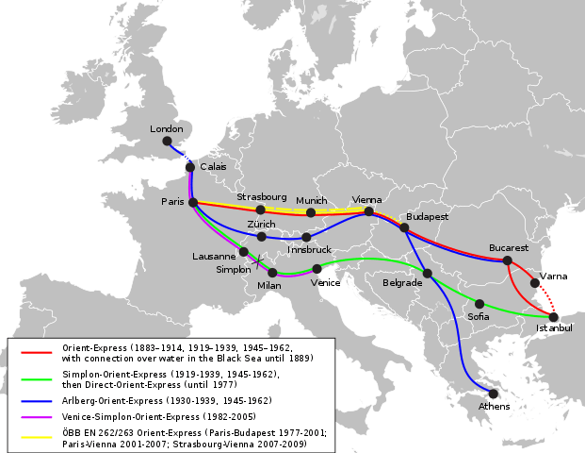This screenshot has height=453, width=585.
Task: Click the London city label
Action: [x=167, y=128]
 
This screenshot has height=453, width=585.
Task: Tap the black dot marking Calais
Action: [x=190, y=167]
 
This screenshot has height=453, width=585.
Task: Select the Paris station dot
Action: [x=193, y=202]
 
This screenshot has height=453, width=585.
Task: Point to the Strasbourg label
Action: [x=261, y=197]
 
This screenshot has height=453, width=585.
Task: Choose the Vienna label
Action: [x=366, y=199]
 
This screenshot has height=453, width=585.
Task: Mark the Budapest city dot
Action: [x=404, y=227]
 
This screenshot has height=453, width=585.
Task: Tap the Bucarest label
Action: [x=508, y=248]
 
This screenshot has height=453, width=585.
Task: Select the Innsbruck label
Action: [x=310, y=249]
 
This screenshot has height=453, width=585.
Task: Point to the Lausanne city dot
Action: [x=244, y=252]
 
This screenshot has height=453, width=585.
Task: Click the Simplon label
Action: [x=234, y=269]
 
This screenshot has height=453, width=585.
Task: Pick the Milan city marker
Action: [x=272, y=273]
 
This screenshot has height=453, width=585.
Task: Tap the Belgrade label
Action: [x=402, y=282]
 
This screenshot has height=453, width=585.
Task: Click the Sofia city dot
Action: [x=479, y=304]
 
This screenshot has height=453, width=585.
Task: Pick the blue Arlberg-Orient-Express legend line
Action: [x=36, y=401]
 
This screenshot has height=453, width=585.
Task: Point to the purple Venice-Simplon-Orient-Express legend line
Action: [x=36, y=416]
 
